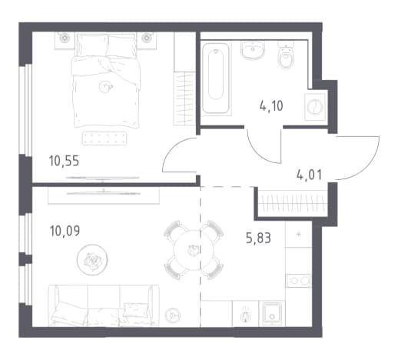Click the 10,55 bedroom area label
[x=64, y=162]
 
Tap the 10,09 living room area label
[x=65, y=231]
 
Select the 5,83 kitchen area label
[x=258, y=238]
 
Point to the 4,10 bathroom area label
[x=271, y=105]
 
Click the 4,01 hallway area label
[x=309, y=175]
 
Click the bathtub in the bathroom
[x=216, y=78]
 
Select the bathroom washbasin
[x=253, y=50]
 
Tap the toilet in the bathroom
[x=286, y=57]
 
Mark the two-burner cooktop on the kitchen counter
[x=299, y=281]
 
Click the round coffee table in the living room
[x=92, y=259]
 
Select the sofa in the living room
[x=104, y=305]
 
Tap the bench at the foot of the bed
[x=104, y=138]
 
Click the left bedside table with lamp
[x=65, y=40]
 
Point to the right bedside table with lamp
[x=146, y=40]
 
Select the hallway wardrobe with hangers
[x=293, y=202]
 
